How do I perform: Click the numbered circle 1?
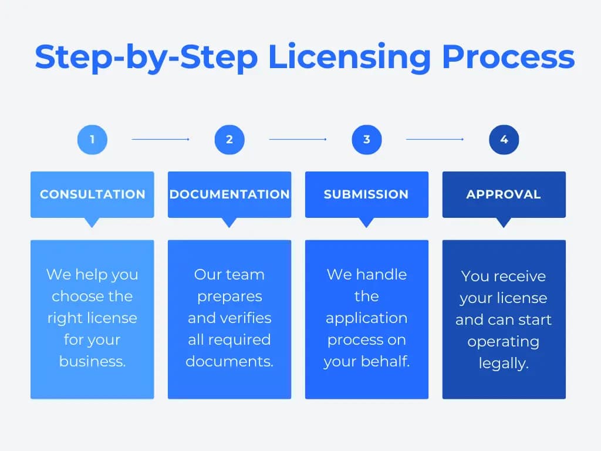pyautogui.click(x=92, y=140)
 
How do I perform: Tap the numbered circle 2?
pyautogui.click(x=229, y=140)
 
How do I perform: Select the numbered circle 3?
pyautogui.click(x=367, y=140)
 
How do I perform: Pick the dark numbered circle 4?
pyautogui.click(x=504, y=140)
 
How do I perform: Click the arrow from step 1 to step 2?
pyautogui.click(x=160, y=140)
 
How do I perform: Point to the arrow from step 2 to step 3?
pyautogui.click(x=298, y=140)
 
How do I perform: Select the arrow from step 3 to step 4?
pyautogui.click(x=435, y=140)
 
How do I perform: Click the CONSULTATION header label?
pyautogui.click(x=92, y=194)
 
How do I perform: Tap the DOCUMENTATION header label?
pyautogui.click(x=229, y=194)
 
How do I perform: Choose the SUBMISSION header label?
pyautogui.click(x=366, y=194)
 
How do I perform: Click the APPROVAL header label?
pyautogui.click(x=504, y=194)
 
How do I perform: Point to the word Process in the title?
pyautogui.click(x=508, y=58)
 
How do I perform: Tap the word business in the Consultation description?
pyautogui.click(x=92, y=361)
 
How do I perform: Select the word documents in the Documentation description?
pyautogui.click(x=229, y=361)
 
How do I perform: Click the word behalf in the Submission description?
pyautogui.click(x=387, y=361)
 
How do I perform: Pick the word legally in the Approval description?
pyautogui.click(x=504, y=364)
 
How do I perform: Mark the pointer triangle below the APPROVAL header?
pyautogui.click(x=504, y=223)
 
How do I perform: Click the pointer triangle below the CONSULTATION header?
pyautogui.click(x=92, y=223)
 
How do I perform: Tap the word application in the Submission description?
pyautogui.click(x=366, y=318)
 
